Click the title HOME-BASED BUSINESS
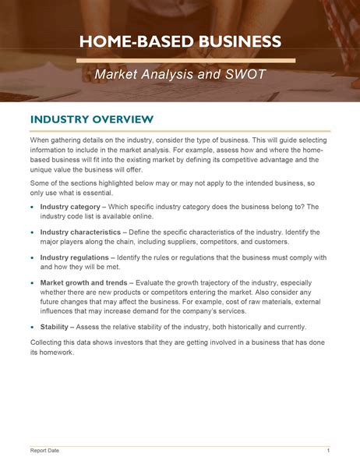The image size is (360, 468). (x=180, y=41)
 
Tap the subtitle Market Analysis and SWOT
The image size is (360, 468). (x=180, y=75)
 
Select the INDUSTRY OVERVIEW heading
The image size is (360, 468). (x=91, y=119)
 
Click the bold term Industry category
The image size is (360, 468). (x=71, y=207)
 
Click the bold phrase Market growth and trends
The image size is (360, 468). (x=85, y=282)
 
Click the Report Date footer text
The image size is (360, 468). (x=44, y=451)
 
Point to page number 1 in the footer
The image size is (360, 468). (x=328, y=451)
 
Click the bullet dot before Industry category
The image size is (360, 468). (x=32, y=207)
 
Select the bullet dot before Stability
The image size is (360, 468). (x=32, y=328)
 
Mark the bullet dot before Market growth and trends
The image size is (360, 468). (x=32, y=282)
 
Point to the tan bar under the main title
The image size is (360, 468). (x=187, y=60)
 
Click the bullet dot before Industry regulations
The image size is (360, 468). (x=32, y=257)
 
